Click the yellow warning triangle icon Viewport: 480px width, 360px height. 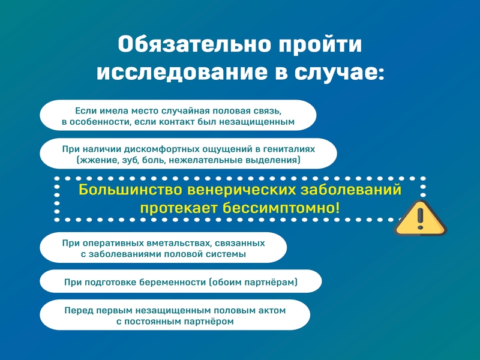tap(421, 218)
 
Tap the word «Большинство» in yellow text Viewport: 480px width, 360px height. tap(130, 190)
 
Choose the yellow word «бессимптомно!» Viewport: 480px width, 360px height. tap(281, 208)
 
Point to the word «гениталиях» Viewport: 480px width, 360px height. tap(289, 149)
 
